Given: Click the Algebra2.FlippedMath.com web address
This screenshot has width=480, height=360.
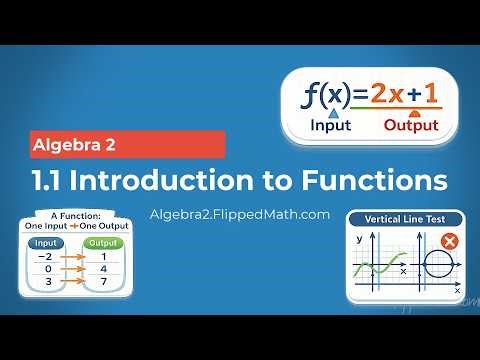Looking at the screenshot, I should [238, 214].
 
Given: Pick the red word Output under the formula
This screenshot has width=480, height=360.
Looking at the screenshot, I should [411, 127].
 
